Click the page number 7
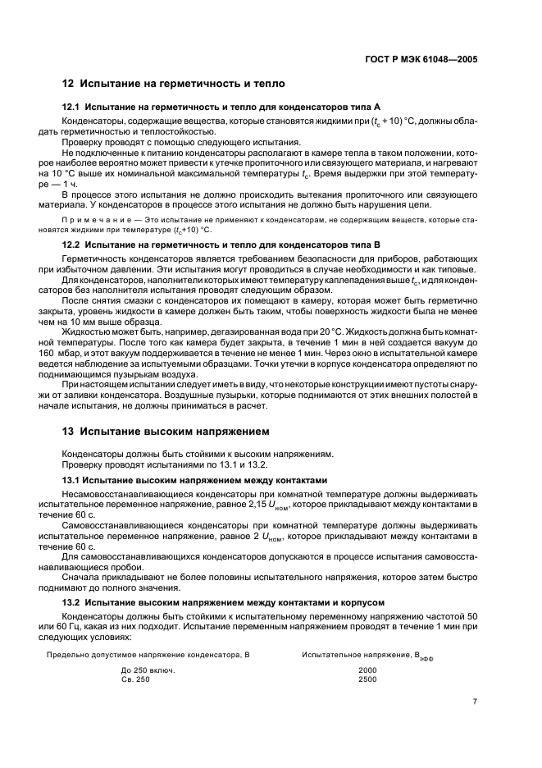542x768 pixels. (x=475, y=701)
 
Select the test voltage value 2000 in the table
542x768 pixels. (x=367, y=670)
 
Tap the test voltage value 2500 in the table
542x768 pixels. (x=367, y=679)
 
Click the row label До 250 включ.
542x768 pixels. (x=148, y=670)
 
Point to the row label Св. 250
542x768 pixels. (x=136, y=679)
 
